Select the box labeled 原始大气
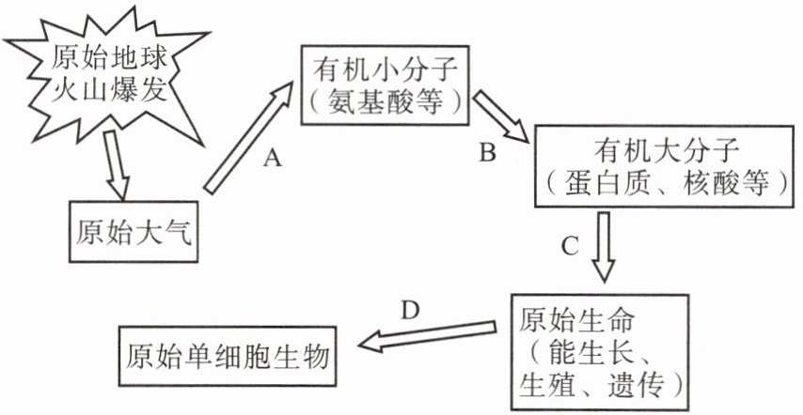pyautogui.click(x=133, y=229)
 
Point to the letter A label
pyautogui.click(x=272, y=160)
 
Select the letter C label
pyautogui.click(x=569, y=247)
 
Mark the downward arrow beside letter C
pyautogui.click(x=601, y=245)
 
